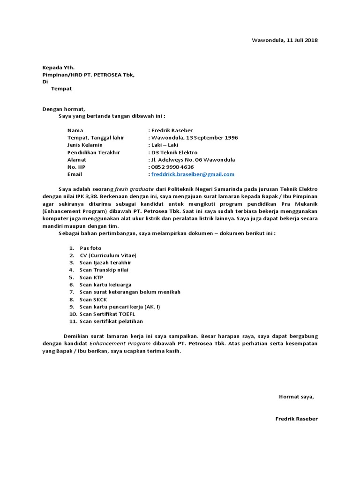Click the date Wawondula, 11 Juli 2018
tap(285, 40)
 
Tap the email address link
tap(193, 174)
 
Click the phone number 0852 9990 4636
tap(172, 167)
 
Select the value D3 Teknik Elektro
tap(174, 152)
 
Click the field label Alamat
tap(77, 160)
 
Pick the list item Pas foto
tap(90, 248)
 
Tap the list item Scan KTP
tap(91, 277)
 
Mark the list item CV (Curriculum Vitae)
tap(108, 255)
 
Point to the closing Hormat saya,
tap(296, 397)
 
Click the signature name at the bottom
tap(296, 419)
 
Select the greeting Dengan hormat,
tap(64, 109)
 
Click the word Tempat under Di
tap(61, 88)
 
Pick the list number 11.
tap(72, 321)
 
